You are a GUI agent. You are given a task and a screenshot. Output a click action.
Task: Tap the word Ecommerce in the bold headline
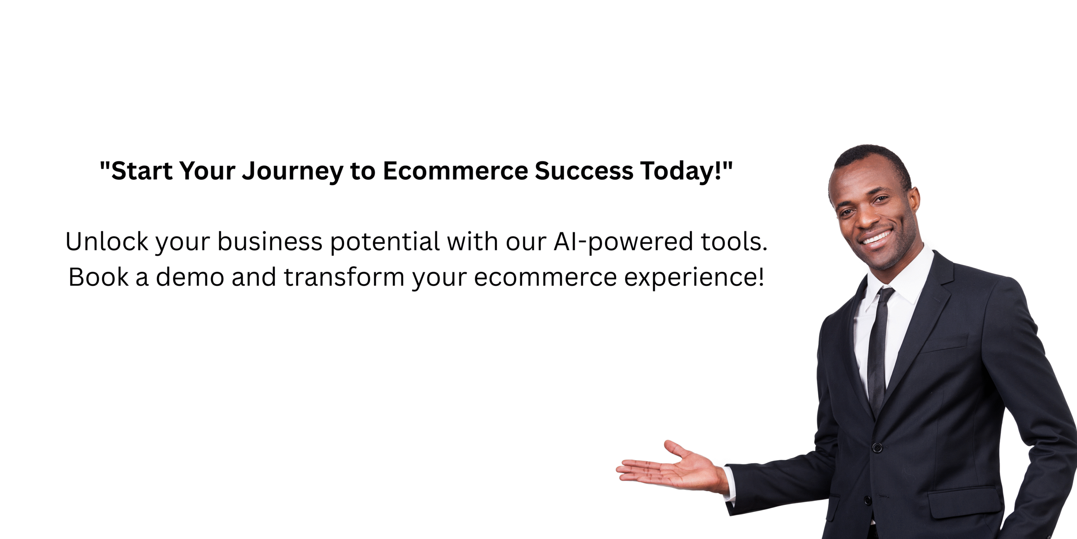coord(455,171)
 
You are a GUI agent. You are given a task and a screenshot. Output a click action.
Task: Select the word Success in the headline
coord(584,171)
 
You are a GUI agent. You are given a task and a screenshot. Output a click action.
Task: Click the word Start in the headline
coord(142,171)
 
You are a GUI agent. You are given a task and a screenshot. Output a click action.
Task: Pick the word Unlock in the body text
coord(107,242)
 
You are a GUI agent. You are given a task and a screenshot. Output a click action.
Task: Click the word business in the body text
coord(270,242)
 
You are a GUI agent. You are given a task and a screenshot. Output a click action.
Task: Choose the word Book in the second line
coord(98,277)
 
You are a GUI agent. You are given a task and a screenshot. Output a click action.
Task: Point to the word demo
coord(190,277)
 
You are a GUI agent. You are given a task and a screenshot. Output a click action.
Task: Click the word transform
coord(344,277)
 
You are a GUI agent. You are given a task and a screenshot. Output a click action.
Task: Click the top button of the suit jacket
coord(877,447)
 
